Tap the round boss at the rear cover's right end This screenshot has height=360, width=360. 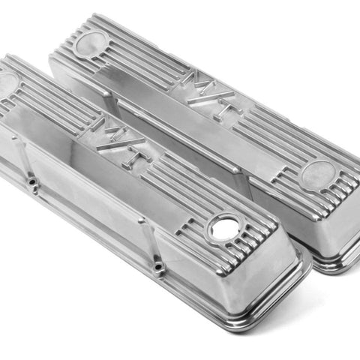pyautogui.click(x=318, y=174)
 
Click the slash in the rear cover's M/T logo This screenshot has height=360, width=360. pyautogui.click(x=211, y=97)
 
